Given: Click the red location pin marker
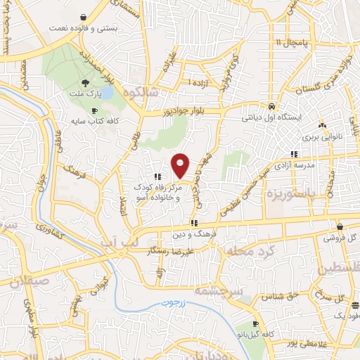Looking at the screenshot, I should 180,165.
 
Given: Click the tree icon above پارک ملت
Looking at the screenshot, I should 86,82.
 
